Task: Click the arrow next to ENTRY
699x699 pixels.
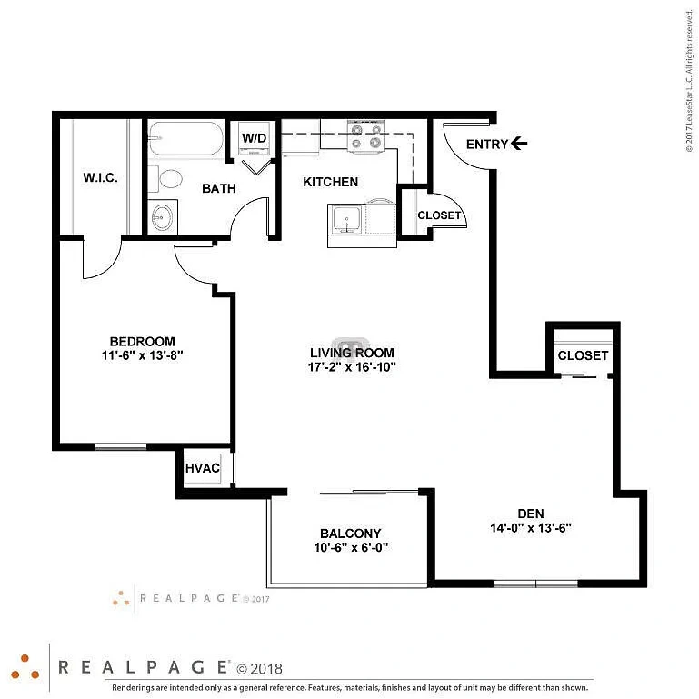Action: click(x=519, y=144)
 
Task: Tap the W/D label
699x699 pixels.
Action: click(x=255, y=138)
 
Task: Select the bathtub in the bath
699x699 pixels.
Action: click(x=186, y=139)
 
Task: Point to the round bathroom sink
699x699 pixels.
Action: click(x=162, y=217)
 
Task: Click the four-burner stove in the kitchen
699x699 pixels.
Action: click(x=366, y=136)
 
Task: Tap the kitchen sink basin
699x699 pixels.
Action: click(x=347, y=219)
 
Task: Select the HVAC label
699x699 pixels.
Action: click(x=203, y=468)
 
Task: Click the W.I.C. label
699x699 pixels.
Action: click(x=100, y=178)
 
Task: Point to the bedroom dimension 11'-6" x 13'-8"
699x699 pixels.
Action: click(x=142, y=355)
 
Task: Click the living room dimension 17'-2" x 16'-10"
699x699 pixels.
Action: click(x=352, y=367)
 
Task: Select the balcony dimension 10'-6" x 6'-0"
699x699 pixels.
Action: click(x=351, y=547)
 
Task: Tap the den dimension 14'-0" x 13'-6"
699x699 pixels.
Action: click(x=531, y=528)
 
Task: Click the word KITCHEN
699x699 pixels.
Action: click(x=330, y=182)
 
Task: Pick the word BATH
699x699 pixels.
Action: click(x=219, y=188)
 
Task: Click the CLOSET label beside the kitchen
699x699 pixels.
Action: click(x=439, y=215)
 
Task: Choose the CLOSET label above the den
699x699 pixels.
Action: click(x=583, y=355)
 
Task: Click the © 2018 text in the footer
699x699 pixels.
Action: click(x=259, y=669)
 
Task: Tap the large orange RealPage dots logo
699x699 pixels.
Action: click(x=25, y=668)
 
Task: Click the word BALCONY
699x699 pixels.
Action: click(x=350, y=534)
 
